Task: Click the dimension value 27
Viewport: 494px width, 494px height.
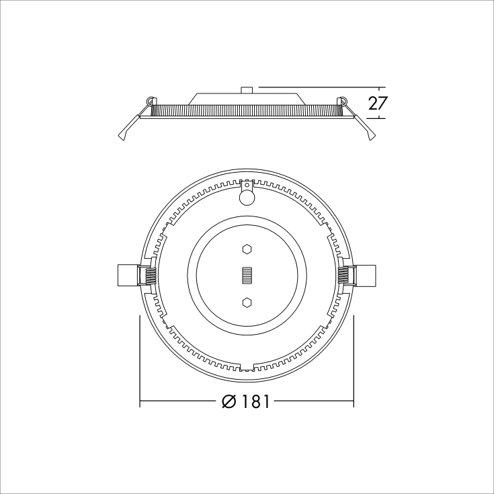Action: (x=378, y=104)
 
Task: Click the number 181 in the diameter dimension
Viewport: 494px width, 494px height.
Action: (x=255, y=402)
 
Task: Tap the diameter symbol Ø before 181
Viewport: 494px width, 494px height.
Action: (x=229, y=402)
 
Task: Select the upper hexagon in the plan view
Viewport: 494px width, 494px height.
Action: (x=247, y=249)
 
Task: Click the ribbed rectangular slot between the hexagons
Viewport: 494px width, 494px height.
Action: (x=247, y=276)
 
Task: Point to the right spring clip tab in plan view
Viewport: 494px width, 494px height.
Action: (x=366, y=276)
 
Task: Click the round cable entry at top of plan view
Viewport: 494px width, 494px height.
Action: (x=247, y=196)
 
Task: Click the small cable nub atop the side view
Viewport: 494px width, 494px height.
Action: (x=247, y=89)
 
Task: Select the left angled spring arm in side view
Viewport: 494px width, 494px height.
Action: (x=128, y=129)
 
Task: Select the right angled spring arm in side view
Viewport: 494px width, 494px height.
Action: (x=366, y=129)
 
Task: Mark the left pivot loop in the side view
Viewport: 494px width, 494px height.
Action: (x=149, y=101)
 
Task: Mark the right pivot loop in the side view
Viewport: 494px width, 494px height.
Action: (x=343, y=101)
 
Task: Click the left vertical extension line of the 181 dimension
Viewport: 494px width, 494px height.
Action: (x=140, y=356)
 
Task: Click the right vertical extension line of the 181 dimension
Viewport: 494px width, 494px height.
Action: (x=354, y=356)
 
